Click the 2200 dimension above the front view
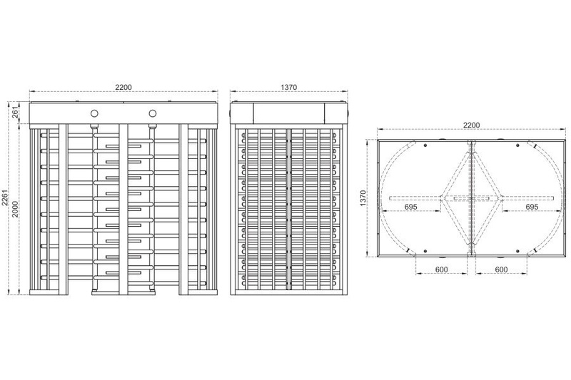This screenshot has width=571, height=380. click(x=123, y=87)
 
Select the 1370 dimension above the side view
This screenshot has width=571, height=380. click(x=289, y=87)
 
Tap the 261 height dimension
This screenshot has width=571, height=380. click(x=15, y=113)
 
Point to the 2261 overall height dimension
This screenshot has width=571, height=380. click(x=4, y=197)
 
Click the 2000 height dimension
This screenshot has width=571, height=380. click(x=15, y=209)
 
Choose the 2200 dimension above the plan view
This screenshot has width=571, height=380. click(x=471, y=125)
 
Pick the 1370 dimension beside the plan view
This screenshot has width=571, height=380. click(x=363, y=198)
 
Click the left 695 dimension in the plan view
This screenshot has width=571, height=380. click(x=410, y=207)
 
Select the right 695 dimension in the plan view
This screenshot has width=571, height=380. click(x=532, y=207)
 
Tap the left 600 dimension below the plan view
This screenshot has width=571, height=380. click(x=441, y=269)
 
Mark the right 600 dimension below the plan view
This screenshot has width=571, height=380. click(x=502, y=269)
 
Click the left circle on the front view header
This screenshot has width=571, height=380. click(x=95, y=114)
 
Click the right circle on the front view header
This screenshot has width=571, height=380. click(x=153, y=114)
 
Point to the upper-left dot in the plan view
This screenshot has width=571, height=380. click(x=425, y=145)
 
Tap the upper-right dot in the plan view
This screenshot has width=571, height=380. click(x=517, y=145)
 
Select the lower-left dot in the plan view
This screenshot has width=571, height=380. click(x=425, y=251)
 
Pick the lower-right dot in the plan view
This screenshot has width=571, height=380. click(x=517, y=251)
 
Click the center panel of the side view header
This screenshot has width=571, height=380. click(x=289, y=113)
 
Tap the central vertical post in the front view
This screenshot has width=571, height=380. click(x=123, y=209)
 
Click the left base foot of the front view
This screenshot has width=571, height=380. click(x=49, y=292)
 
